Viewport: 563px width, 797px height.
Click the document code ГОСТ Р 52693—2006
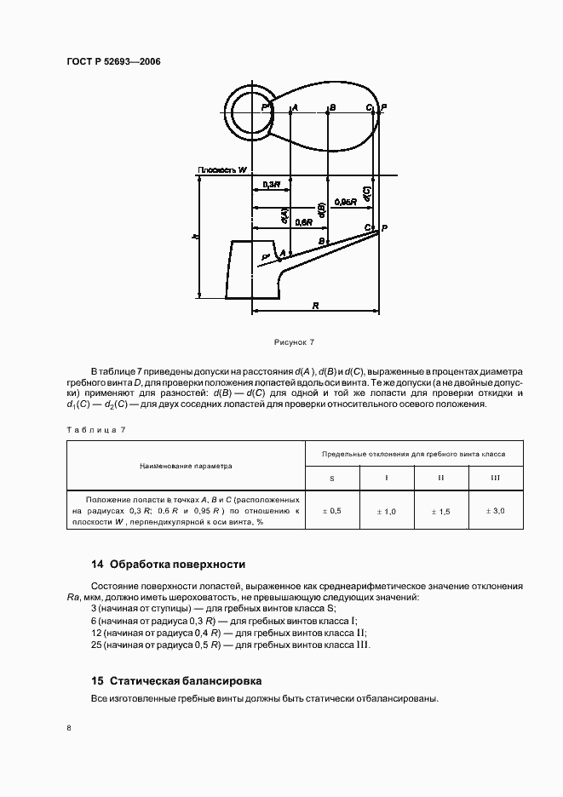pyautogui.click(x=112, y=62)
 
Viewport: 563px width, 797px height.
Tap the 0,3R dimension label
pyautogui.click(x=270, y=185)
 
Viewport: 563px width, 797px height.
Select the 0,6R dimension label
pyautogui.click(x=303, y=222)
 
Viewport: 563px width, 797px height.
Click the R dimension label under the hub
pyautogui.click(x=316, y=304)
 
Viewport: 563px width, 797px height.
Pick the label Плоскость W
pyautogui.click(x=222, y=170)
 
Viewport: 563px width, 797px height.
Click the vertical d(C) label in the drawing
pyautogui.click(x=366, y=194)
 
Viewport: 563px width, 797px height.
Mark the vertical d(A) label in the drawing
pyautogui.click(x=283, y=217)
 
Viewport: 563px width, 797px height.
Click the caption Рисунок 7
pyautogui.click(x=294, y=341)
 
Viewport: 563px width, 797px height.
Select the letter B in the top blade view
pyautogui.click(x=332, y=108)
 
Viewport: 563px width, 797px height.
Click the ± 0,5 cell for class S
pyautogui.click(x=331, y=511)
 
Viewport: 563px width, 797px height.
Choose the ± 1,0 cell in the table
pyautogui.click(x=386, y=511)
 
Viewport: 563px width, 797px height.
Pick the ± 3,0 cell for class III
pyautogui.click(x=495, y=511)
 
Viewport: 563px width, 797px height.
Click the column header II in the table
pyautogui.click(x=440, y=478)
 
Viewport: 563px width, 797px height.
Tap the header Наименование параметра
pyautogui.click(x=187, y=466)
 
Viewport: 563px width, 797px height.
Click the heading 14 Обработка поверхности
pyautogui.click(x=168, y=564)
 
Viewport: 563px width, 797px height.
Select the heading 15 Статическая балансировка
pyautogui.click(x=176, y=681)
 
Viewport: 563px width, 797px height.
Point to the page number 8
pyautogui.click(x=69, y=728)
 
